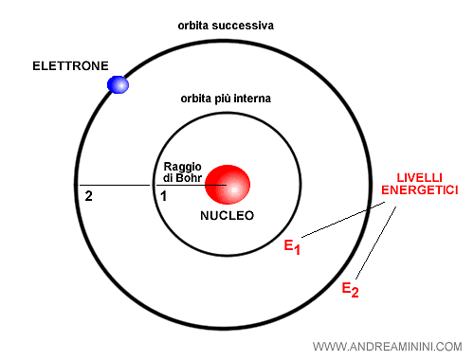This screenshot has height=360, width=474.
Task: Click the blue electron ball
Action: click(118, 84)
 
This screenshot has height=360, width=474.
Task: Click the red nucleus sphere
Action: click(228, 185)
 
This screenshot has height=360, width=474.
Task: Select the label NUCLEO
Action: click(228, 216)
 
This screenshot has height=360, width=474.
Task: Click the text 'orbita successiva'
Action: click(226, 26)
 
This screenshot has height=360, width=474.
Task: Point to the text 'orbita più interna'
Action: click(228, 99)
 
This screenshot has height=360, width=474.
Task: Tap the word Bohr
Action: click(192, 178)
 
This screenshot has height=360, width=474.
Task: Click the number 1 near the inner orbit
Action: click(162, 196)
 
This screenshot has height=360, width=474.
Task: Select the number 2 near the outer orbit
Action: click(88, 196)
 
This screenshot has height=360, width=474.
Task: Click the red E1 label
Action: click(292, 248)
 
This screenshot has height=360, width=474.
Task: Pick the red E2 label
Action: click(351, 288)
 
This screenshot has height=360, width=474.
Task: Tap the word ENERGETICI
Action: click(420, 190)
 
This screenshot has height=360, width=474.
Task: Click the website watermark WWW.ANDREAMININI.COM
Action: click(386, 346)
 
